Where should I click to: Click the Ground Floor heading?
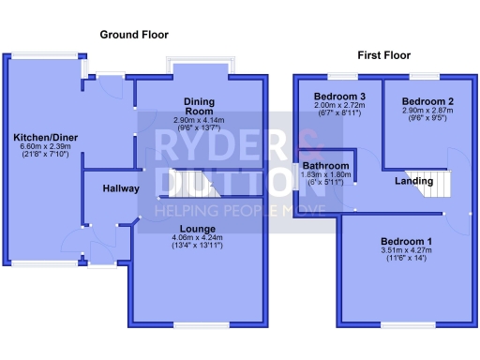pos(134,35)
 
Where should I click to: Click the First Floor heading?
pos(383,56)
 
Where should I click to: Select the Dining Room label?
pos(200,106)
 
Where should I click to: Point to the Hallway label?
pos(120,188)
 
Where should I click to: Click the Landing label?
pos(413,180)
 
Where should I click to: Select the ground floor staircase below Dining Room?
pos(198,185)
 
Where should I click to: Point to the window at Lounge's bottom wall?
pos(199,325)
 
